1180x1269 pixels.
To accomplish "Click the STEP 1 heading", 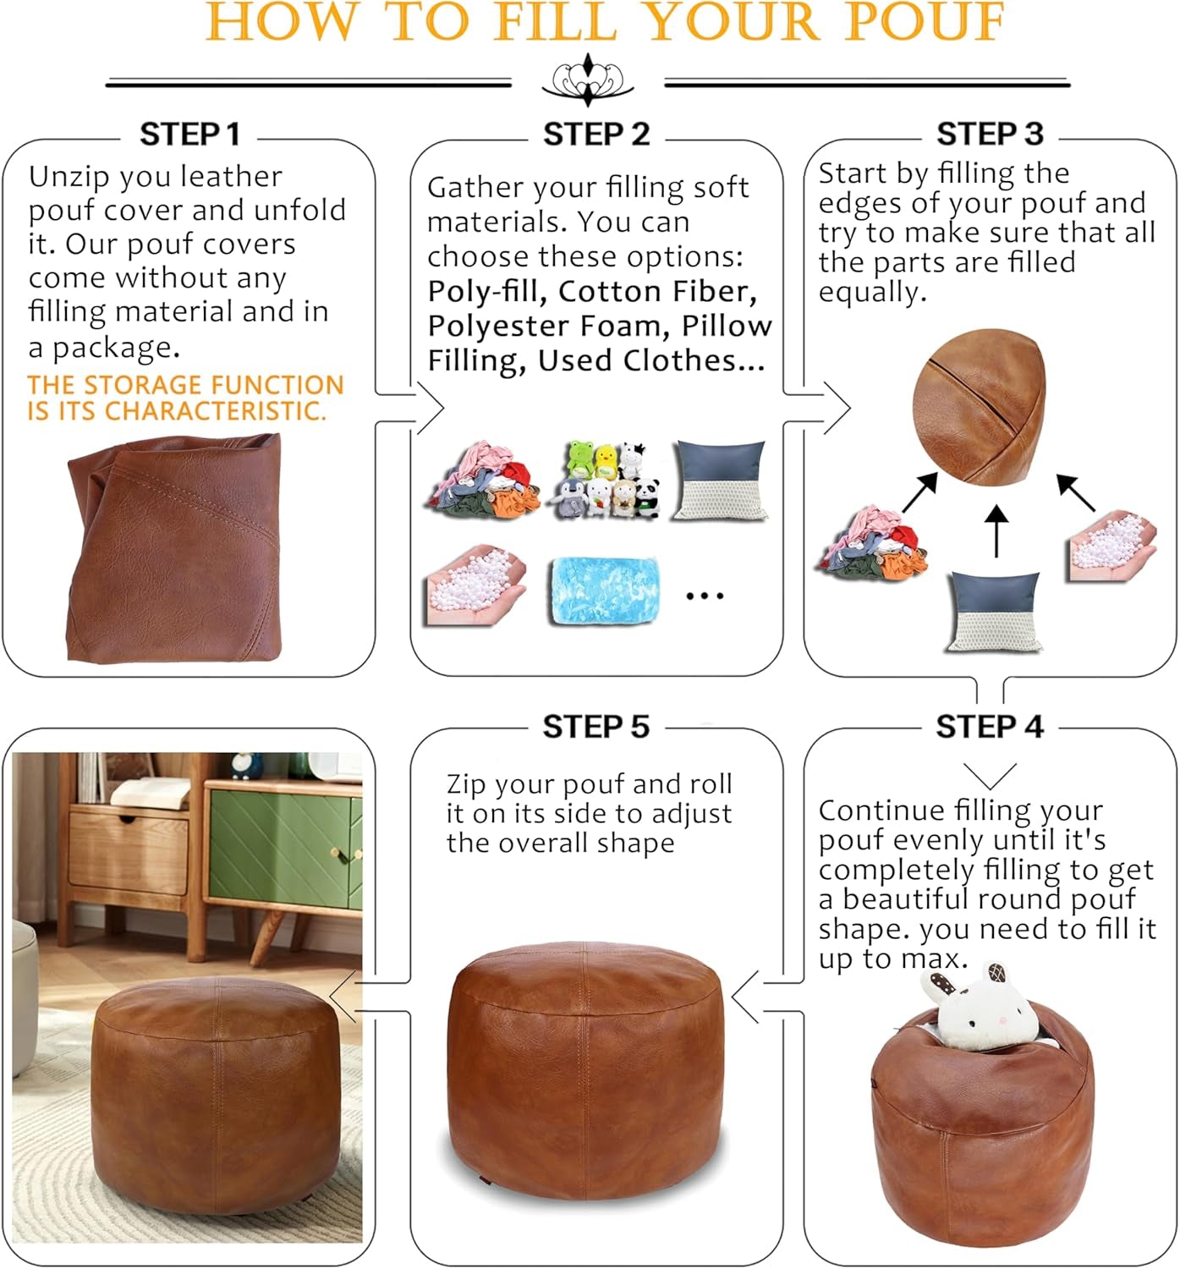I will point(189,134).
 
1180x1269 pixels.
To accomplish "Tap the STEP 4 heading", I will point(989,727).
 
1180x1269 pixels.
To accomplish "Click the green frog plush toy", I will point(580,459).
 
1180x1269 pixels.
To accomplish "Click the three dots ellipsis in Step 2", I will point(705,596).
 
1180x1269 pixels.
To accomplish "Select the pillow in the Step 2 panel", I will point(720,480).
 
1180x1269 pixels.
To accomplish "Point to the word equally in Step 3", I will point(872,292).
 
